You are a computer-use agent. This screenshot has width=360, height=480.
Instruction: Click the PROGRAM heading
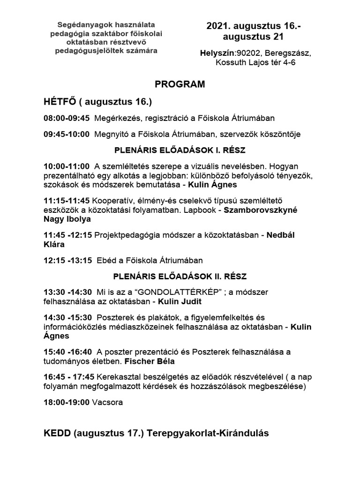pos(180,84)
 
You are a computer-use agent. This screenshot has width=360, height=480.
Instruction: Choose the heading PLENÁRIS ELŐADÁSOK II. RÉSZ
pos(180,276)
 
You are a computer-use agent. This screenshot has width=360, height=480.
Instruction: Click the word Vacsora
pos(108,402)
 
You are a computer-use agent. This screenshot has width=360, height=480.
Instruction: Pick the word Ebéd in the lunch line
pos(105,260)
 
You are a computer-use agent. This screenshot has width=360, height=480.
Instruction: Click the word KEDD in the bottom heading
pos(57,434)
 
